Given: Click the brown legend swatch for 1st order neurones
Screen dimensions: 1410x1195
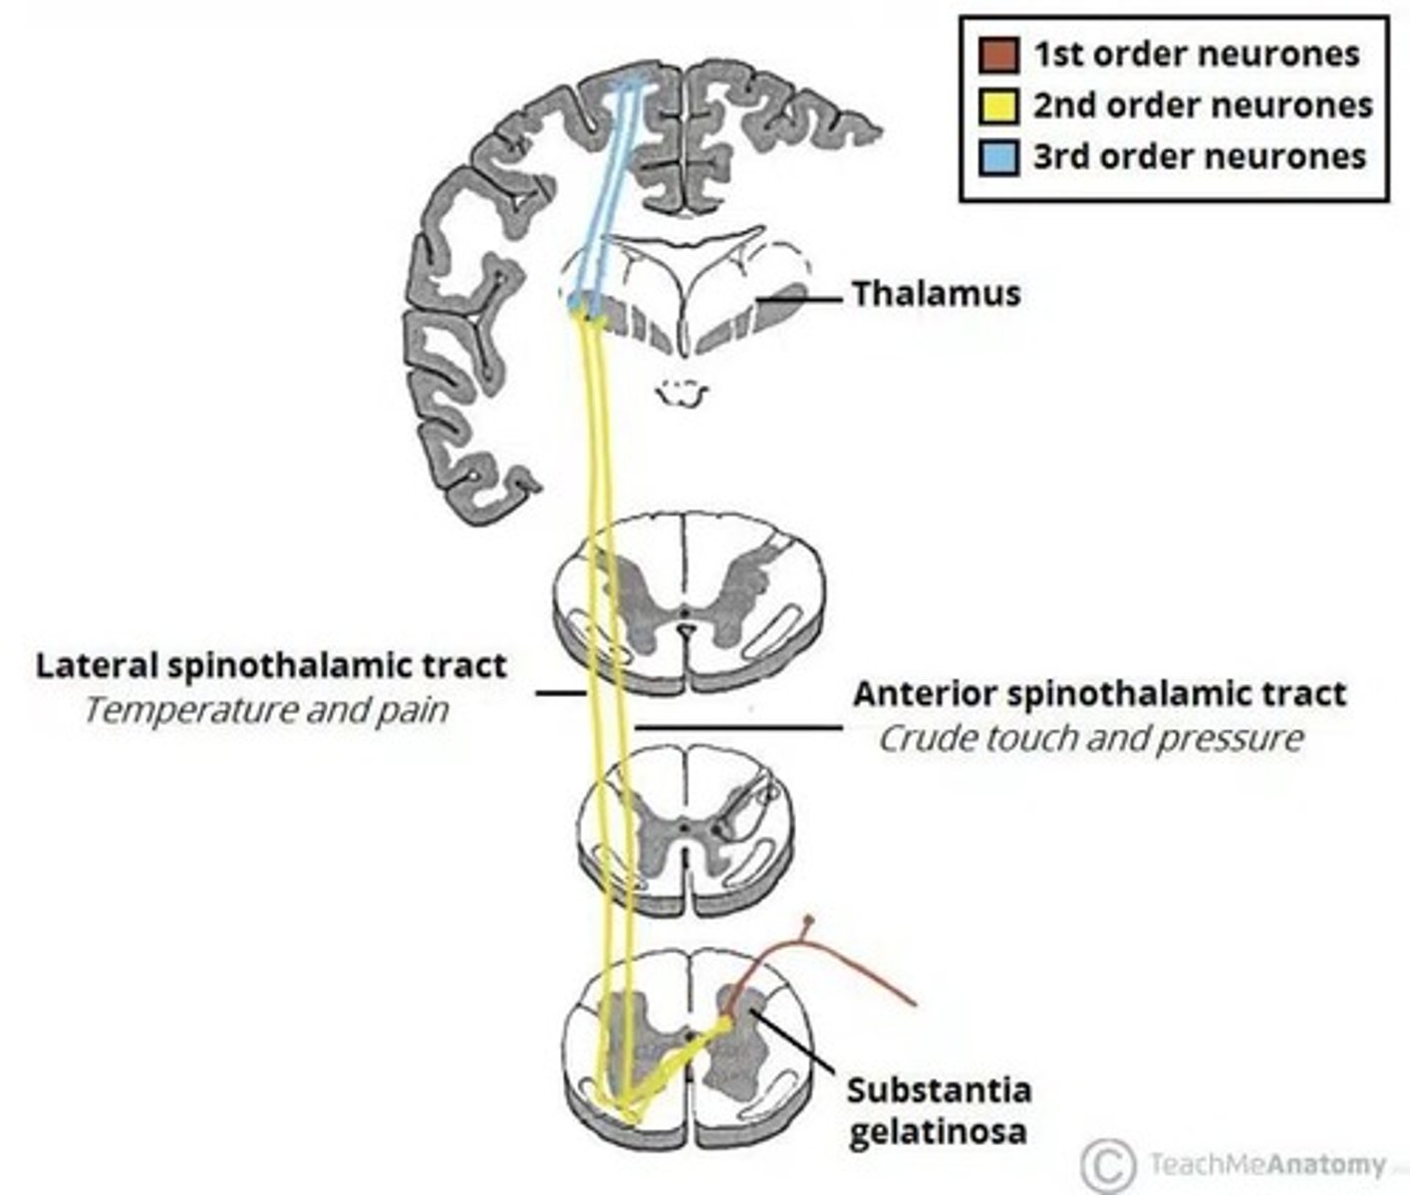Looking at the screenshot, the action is pyautogui.click(x=999, y=55).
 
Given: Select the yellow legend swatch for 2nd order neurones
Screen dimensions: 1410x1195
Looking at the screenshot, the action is pyautogui.click(x=999, y=106).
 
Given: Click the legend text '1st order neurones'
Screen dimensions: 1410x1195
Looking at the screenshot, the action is pyautogui.click(x=1196, y=54).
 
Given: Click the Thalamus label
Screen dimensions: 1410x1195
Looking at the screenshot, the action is pyautogui.click(x=936, y=294).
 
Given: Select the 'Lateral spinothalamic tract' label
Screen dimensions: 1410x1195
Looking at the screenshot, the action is pyautogui.click(x=271, y=665).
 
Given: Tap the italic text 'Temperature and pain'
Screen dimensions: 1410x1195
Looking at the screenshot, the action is pyautogui.click(x=265, y=711).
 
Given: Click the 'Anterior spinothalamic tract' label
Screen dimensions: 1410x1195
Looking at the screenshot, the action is pyautogui.click(x=1099, y=693).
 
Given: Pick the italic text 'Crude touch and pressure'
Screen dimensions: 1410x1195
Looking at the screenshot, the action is pyautogui.click(x=1090, y=739).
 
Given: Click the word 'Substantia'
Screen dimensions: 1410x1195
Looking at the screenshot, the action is pyautogui.click(x=939, y=1089).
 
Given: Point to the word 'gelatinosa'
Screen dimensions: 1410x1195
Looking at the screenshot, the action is pyautogui.click(x=937, y=1132).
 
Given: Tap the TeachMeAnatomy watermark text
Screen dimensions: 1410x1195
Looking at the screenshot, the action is pyautogui.click(x=1267, y=1164).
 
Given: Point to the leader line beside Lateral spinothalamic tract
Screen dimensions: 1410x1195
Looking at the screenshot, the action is pyautogui.click(x=559, y=692).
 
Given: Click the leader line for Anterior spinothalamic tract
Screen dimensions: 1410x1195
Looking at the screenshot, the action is pyautogui.click(x=737, y=728).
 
